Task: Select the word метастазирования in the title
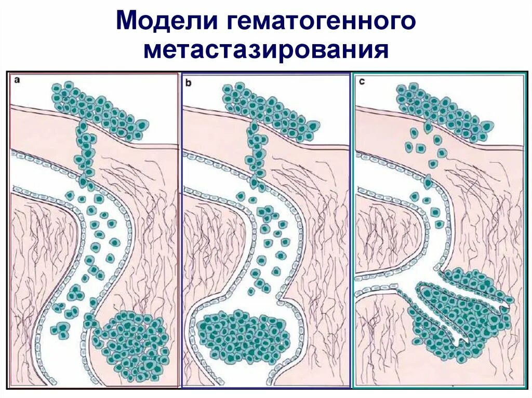[267, 50]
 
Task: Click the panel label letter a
[17, 80]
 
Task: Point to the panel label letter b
[188, 81]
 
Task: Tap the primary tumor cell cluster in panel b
[268, 112]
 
